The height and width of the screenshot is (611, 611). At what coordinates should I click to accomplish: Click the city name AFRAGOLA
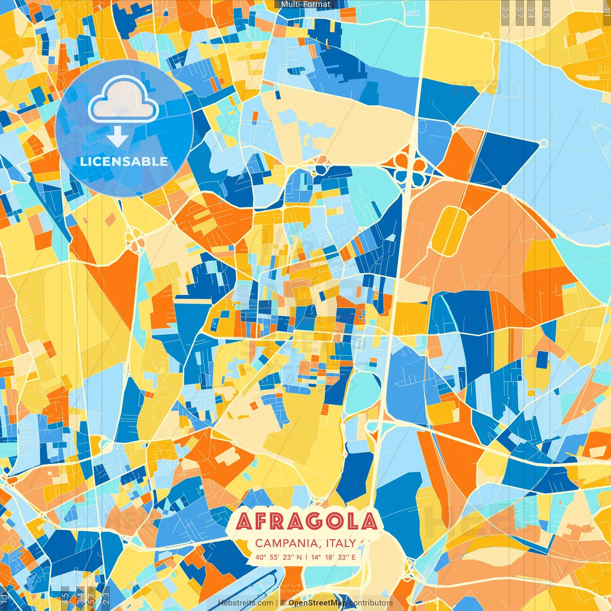[x=307, y=522]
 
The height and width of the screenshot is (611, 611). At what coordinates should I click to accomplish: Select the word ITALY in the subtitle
[x=341, y=543]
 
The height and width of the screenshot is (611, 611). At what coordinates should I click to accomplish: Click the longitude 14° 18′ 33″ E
[x=334, y=557]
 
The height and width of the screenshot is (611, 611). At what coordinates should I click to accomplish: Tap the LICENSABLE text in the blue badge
[x=124, y=161]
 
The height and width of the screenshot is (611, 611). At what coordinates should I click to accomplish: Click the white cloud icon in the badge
[x=124, y=100]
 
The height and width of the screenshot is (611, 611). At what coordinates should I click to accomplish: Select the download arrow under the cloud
[x=117, y=137]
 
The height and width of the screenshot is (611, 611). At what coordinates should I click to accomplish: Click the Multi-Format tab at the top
[x=305, y=4]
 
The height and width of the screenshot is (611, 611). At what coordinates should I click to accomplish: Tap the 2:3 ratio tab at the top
[x=505, y=12]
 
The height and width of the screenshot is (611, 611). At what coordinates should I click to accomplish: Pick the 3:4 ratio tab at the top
[x=531, y=12]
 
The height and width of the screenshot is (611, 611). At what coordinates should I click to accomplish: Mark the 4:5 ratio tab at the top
[x=546, y=12]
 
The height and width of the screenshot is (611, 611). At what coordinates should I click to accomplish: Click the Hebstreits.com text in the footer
[x=246, y=603]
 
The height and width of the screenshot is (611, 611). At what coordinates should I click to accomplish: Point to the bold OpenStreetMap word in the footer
[x=317, y=603]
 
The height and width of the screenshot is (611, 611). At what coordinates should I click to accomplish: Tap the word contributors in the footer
[x=371, y=603]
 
